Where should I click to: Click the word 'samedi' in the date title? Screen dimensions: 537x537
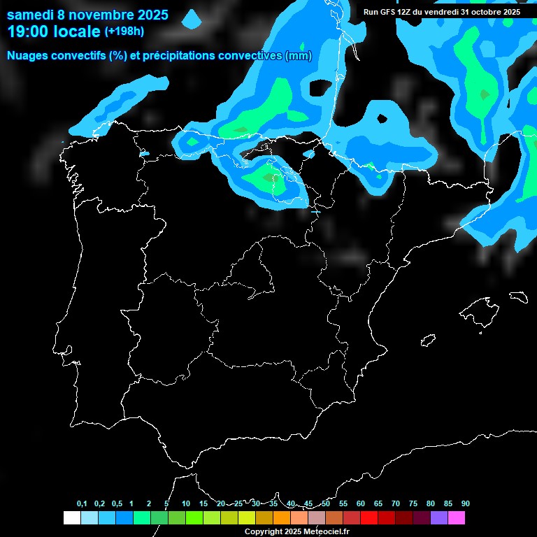point(29,15)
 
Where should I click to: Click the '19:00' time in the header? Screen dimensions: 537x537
point(27,31)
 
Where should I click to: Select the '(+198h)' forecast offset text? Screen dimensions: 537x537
point(124,31)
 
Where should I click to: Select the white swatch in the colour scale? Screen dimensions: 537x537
point(71,518)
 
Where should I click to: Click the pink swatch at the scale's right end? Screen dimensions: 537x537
point(456,518)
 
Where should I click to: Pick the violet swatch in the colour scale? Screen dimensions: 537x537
point(438,518)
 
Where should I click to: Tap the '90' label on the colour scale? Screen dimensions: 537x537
point(465,504)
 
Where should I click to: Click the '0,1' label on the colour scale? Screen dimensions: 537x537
point(82,504)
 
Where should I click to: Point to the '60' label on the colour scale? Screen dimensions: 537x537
point(360,504)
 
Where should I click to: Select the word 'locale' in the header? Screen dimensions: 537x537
point(76,31)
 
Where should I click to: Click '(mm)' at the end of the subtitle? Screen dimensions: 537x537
point(299,56)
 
